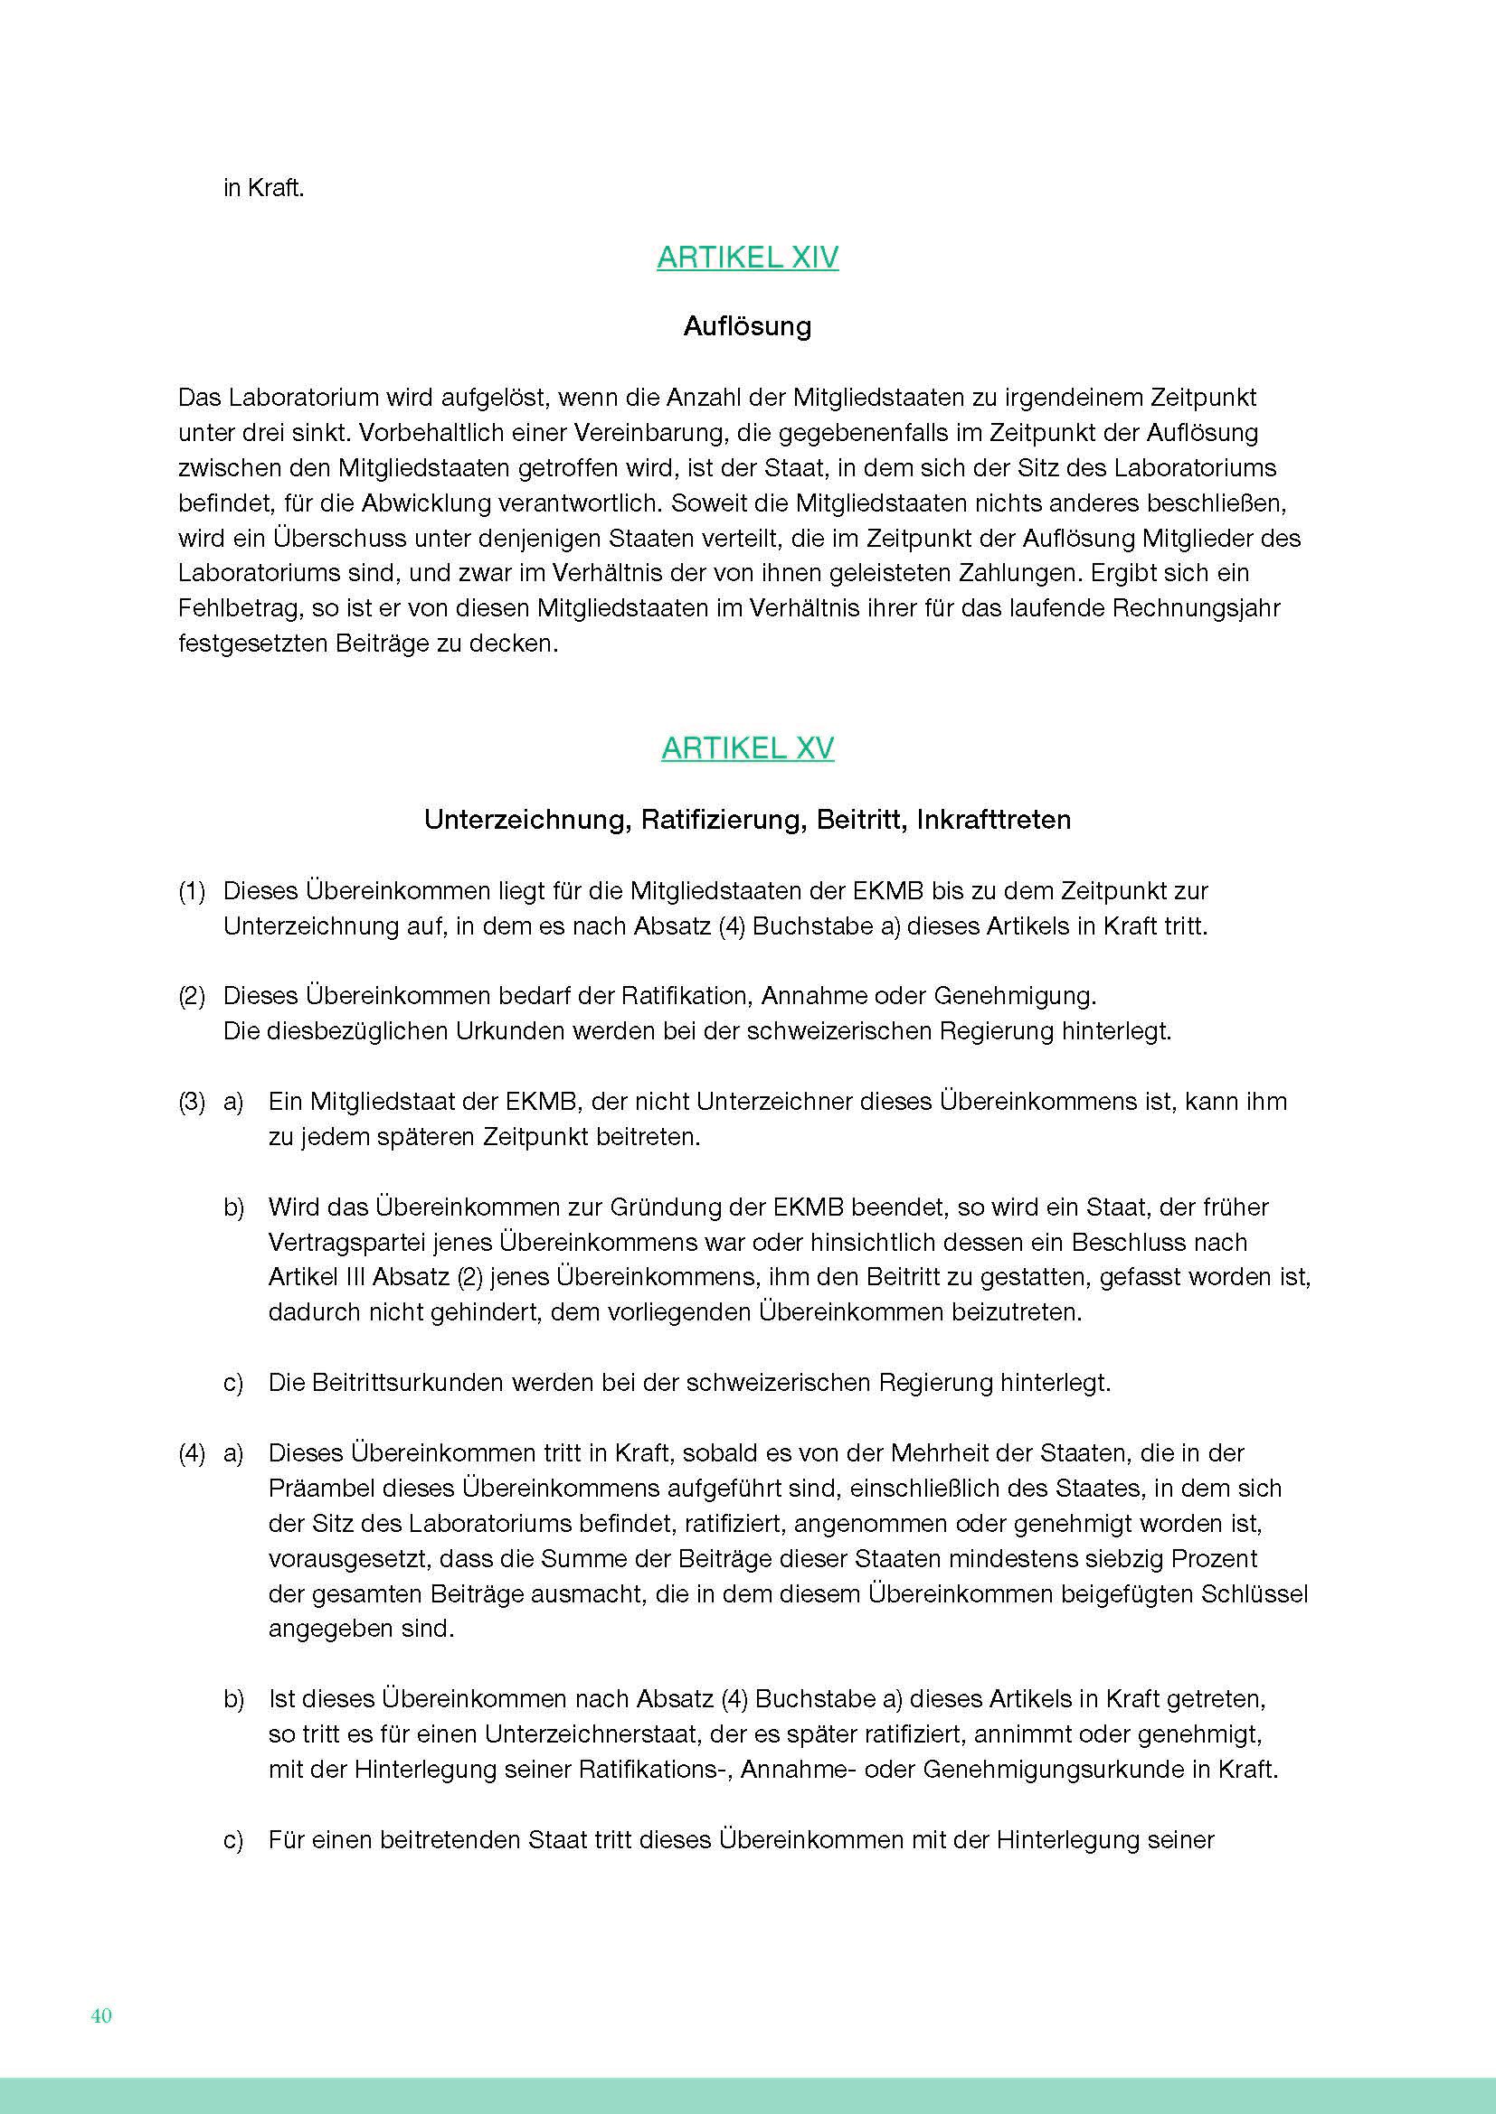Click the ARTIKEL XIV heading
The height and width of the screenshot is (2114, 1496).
[747, 257]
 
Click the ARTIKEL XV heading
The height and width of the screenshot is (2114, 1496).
[747, 747]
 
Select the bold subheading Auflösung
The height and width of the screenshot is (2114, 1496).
[747, 326]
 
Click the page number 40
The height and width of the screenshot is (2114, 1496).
[101, 2015]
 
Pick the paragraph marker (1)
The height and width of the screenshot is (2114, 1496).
[192, 891]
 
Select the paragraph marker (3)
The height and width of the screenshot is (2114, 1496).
[192, 1102]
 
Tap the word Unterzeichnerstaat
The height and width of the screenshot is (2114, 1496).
[590, 1734]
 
